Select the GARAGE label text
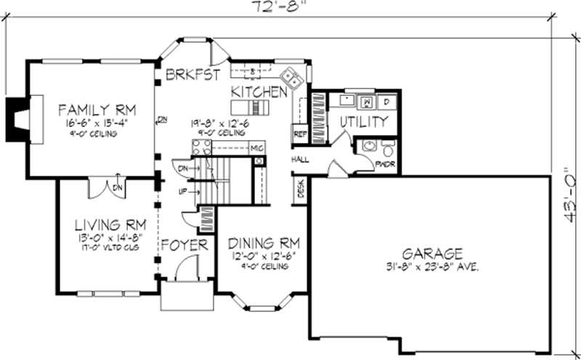click(433, 253)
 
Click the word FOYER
click(184, 245)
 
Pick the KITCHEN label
click(259, 92)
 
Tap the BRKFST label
click(192, 74)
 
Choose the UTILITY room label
click(363, 122)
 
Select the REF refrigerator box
click(299, 134)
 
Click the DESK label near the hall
click(300, 190)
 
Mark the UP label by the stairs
click(183, 191)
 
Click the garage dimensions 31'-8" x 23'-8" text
click(434, 266)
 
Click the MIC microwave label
click(256, 148)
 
